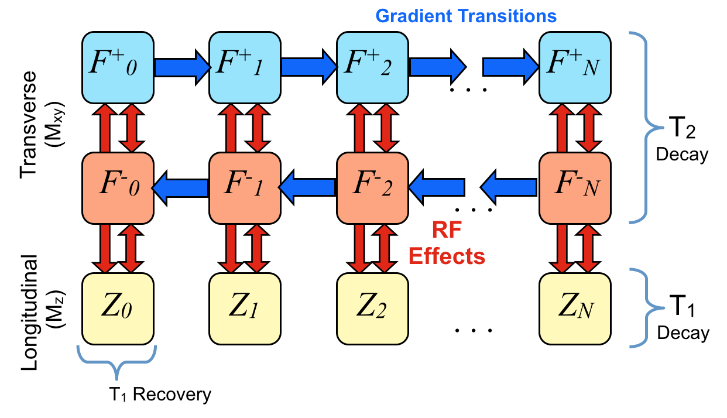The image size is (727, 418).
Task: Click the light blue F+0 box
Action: tap(118, 66)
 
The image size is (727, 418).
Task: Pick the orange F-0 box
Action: tap(118, 188)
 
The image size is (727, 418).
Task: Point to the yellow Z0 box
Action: tap(118, 309)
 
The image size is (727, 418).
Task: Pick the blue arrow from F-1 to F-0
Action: tap(181, 188)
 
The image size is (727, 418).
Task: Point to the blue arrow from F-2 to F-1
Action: tap(308, 188)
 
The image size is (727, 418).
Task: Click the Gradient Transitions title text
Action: tap(466, 16)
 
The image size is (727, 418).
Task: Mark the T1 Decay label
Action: tap(682, 323)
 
